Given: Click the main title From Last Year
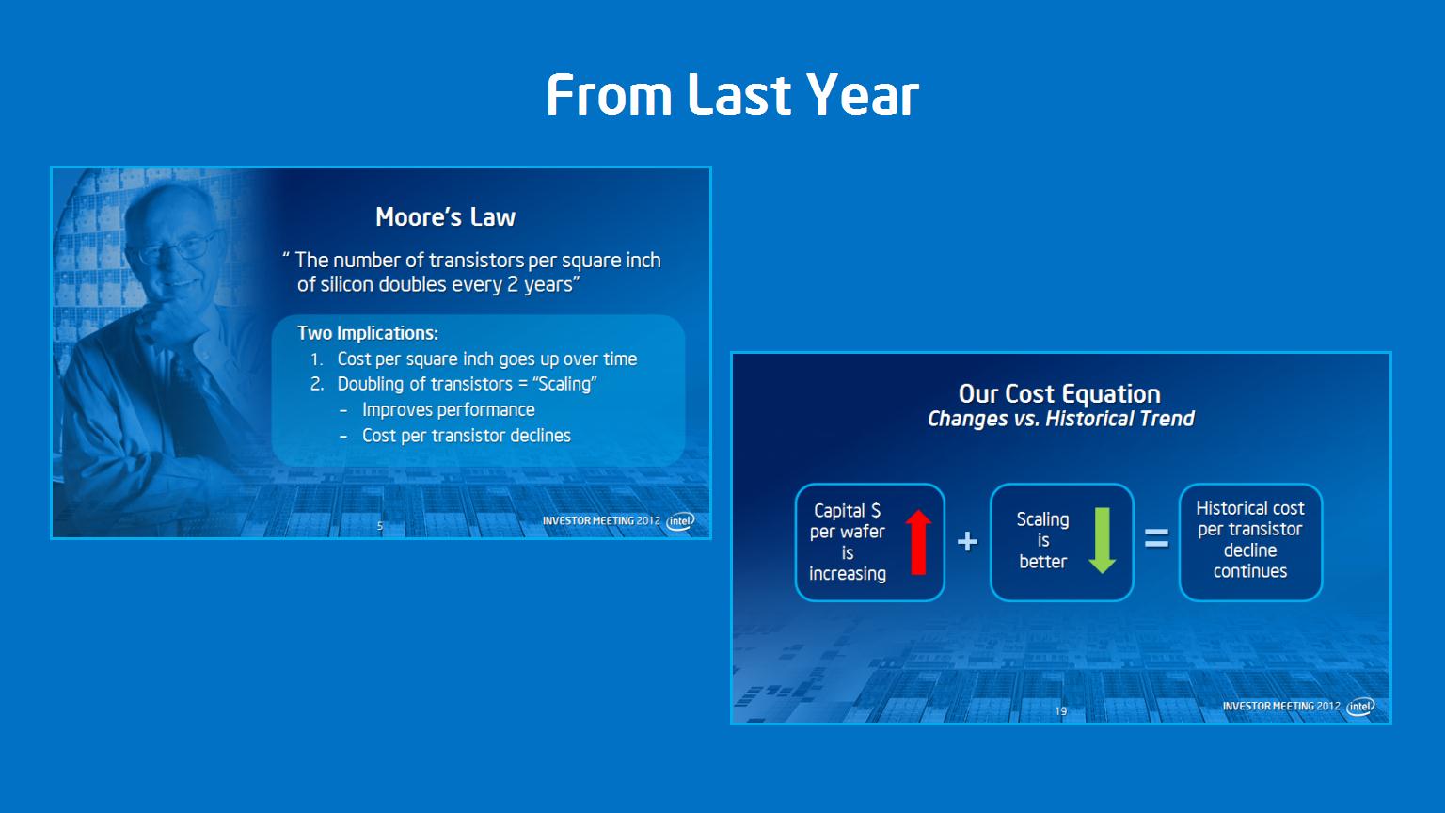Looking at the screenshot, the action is (x=732, y=95).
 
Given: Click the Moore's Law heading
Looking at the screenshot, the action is (x=445, y=216).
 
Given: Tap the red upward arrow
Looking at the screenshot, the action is (x=918, y=542).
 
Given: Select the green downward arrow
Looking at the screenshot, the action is (x=1102, y=541).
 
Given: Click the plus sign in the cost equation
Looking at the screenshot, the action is (x=967, y=541).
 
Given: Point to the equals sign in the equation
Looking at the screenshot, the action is (x=1156, y=538).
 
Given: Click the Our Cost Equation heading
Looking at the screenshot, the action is (x=1059, y=393).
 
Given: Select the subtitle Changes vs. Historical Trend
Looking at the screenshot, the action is (x=1060, y=419).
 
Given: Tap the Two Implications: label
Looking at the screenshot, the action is (x=368, y=333).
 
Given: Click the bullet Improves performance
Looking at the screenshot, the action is (x=449, y=409).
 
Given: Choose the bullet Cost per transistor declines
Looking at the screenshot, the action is (x=467, y=436).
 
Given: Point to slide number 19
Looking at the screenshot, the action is (x=1060, y=711).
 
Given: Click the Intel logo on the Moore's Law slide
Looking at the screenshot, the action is (x=680, y=520).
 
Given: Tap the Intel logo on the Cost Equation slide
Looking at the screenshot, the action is (x=1359, y=706).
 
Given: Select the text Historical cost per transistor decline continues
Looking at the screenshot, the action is (x=1250, y=539).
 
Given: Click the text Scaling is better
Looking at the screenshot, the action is (x=1042, y=540).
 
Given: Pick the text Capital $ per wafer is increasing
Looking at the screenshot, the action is (x=848, y=542).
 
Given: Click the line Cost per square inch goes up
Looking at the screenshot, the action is (x=487, y=359).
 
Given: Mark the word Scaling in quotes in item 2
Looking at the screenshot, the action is (x=564, y=384).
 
